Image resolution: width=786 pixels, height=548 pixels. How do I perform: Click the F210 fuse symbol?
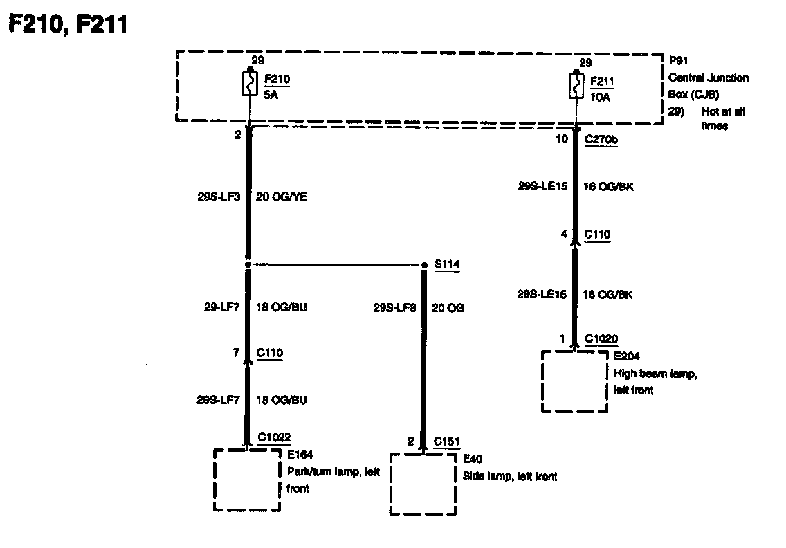coord(250,84)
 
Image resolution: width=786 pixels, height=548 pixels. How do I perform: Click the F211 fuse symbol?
coord(575,86)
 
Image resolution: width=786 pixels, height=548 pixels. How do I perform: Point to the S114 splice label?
coord(447,264)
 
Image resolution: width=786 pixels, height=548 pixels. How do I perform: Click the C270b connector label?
coord(601,139)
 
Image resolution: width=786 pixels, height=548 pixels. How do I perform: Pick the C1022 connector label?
coord(274,437)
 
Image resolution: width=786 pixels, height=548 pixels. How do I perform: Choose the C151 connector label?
coord(447,441)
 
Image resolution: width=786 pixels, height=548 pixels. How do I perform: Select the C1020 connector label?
coord(601,339)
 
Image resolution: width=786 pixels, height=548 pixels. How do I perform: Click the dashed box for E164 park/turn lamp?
coord(246,479)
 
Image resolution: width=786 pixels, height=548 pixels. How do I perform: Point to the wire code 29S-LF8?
coord(396,308)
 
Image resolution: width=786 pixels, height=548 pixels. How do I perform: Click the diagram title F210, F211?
coord(67,26)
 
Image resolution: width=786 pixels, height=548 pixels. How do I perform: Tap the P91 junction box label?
coord(677,60)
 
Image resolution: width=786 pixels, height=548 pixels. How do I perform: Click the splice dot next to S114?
coord(424,265)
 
